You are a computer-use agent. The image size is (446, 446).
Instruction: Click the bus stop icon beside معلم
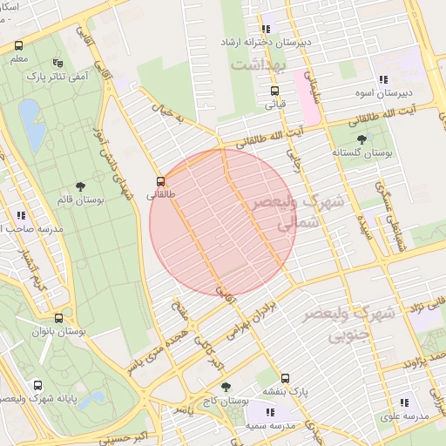tap(19, 45)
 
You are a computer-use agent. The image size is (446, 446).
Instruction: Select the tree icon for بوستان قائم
tap(81, 186)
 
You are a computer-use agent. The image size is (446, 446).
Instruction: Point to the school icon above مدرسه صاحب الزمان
tap(20, 215)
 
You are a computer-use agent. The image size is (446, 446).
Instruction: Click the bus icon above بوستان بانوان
tap(58, 318)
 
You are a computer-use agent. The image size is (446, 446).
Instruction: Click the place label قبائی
tap(275, 104)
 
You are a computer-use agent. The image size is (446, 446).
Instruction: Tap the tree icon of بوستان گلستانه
tap(362, 139)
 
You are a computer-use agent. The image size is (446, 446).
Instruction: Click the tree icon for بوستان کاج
tap(226, 387)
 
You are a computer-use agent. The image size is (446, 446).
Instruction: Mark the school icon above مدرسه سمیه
tap(269, 412)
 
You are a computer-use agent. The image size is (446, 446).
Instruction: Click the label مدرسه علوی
tap(403, 416)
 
